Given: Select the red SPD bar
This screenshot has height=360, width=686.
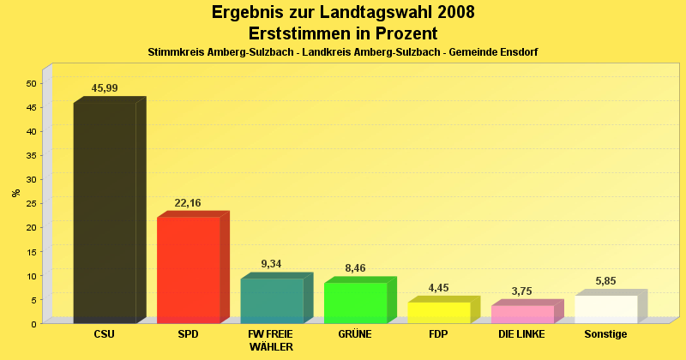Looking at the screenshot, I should coord(188,269).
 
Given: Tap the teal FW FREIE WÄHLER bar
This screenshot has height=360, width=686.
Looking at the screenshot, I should coord(272,300).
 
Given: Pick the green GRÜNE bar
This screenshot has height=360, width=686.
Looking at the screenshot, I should coord(355,303).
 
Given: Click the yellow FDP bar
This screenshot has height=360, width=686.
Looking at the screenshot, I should coord(438,312).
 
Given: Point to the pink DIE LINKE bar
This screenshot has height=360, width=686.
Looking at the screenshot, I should coord(522,314).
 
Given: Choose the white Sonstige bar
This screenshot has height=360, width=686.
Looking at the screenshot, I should coord(605,309).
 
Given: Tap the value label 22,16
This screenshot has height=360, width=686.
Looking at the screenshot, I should coord(188,203).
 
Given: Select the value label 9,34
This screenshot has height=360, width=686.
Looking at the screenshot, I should coord(271,264).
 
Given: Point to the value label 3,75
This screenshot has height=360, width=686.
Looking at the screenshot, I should coord(521,291).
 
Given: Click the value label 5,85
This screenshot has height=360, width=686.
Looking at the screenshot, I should coord(605,281).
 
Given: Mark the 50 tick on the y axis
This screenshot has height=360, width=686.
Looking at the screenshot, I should coord(31,83).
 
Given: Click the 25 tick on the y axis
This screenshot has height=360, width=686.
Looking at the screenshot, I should coord(31,203).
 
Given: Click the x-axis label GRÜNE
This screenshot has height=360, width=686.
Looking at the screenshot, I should coord(355,333).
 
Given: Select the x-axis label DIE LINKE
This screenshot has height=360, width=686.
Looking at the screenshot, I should coord(521,333).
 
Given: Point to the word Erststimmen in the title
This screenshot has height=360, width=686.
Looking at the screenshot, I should coord(299,33).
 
